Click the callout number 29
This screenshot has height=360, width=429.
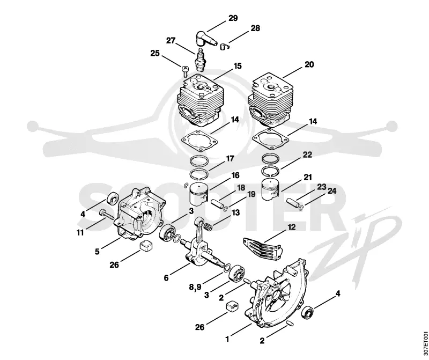(233, 18)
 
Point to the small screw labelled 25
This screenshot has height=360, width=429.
(185, 71)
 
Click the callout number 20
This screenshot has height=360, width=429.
(309, 64)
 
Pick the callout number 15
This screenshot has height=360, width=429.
(238, 66)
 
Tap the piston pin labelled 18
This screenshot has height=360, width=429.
(217, 204)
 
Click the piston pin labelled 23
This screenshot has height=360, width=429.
(293, 202)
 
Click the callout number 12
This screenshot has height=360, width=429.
(292, 227)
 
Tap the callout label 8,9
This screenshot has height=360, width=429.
(195, 287)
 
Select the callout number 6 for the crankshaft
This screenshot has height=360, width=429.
(166, 278)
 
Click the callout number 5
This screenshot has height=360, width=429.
(97, 251)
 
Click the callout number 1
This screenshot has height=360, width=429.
(227, 339)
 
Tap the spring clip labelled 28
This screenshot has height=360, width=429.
(224, 47)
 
